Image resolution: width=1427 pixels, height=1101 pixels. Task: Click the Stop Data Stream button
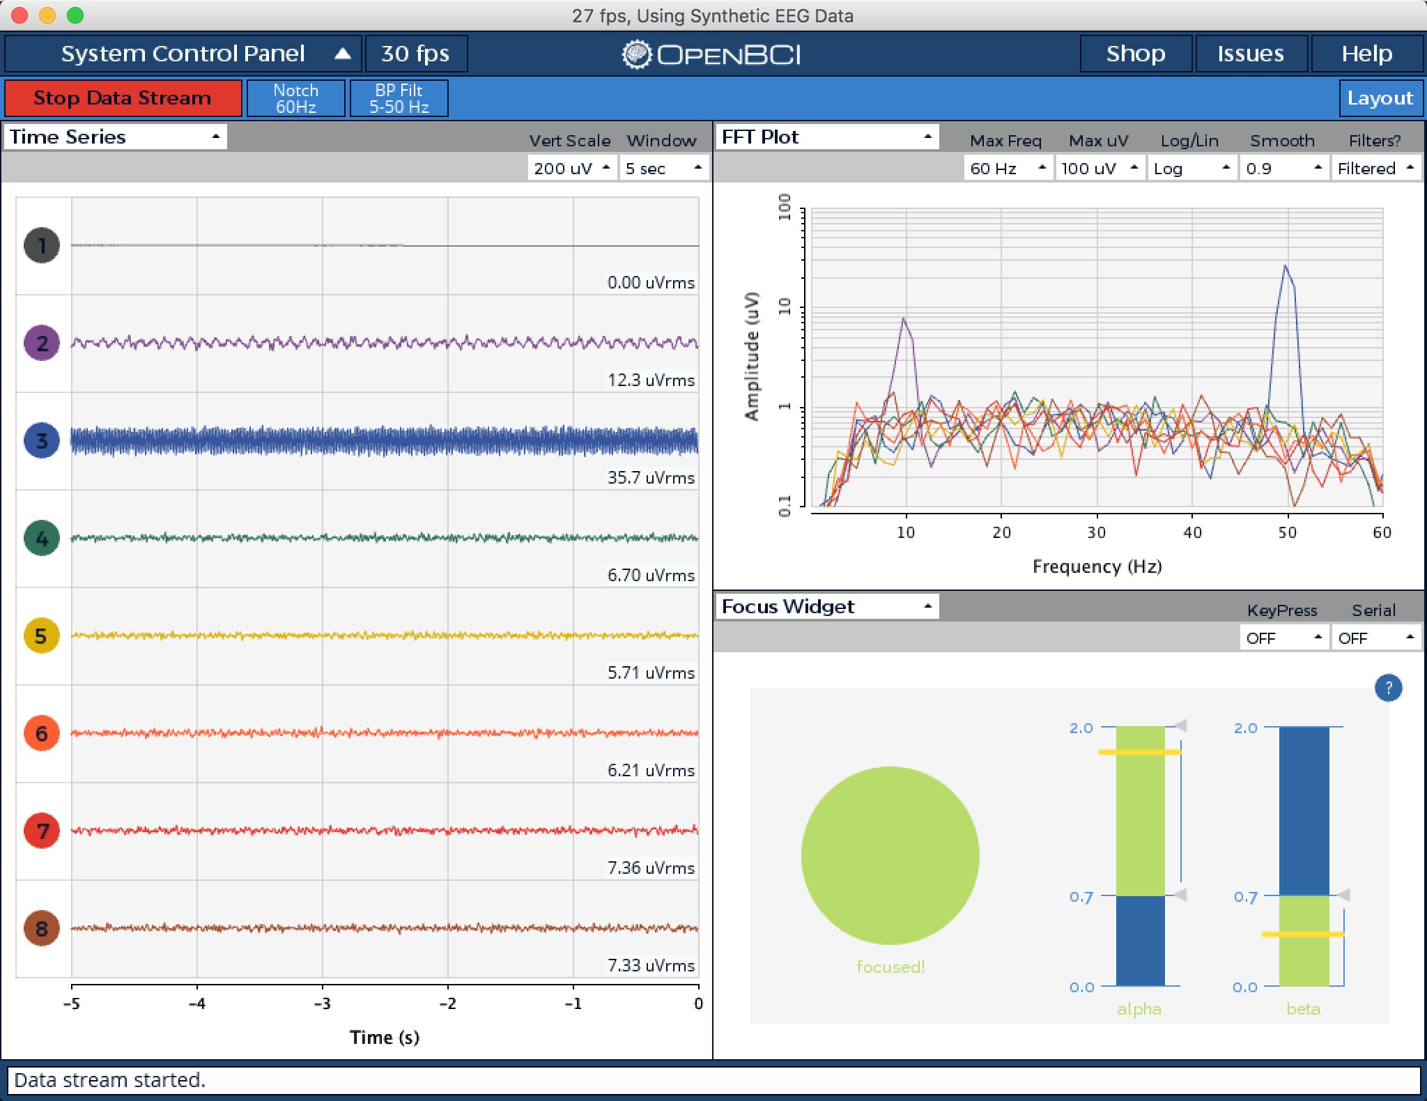point(123,98)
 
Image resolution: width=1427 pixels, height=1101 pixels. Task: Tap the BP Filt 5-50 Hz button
point(399,98)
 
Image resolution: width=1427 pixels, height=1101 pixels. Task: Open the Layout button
point(1379,98)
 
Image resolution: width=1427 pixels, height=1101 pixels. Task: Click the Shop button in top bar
point(1135,54)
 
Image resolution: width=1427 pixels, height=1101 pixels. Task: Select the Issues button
point(1250,54)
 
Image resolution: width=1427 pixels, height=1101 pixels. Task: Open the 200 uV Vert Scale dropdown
point(571,168)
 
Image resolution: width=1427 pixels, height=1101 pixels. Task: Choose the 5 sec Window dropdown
point(663,168)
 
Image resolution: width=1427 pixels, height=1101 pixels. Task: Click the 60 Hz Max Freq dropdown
point(1007,168)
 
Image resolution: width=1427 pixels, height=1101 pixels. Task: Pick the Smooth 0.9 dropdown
point(1283,168)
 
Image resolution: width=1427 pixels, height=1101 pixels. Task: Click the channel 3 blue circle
point(42,440)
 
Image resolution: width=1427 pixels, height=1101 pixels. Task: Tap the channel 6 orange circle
point(42,733)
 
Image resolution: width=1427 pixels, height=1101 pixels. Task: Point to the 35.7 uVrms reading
point(651,477)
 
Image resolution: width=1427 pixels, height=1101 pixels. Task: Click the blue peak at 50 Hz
point(1286,266)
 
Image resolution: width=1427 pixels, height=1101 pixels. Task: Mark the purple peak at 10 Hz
point(904,319)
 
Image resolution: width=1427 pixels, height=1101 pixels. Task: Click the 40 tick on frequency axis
point(1192,532)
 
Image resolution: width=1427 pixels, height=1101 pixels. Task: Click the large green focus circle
point(890,855)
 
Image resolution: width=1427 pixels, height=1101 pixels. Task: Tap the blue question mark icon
point(1388,688)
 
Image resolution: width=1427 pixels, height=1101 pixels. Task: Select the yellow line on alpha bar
point(1139,752)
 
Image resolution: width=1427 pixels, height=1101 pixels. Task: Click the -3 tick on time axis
point(322,1003)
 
